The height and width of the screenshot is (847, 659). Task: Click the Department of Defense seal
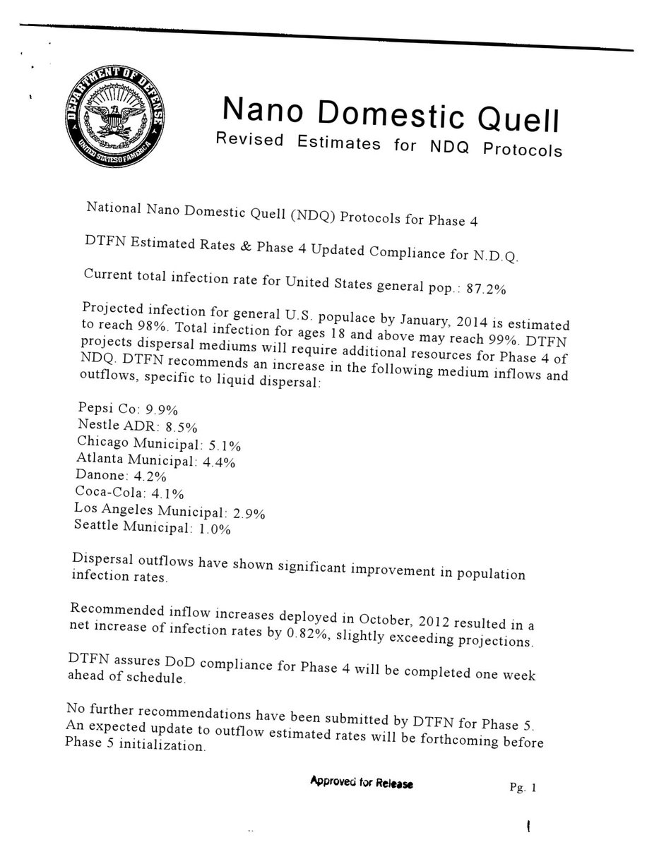[x=114, y=114]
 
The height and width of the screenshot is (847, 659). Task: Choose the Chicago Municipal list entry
[x=158, y=444]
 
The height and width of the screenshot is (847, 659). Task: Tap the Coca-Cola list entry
[x=127, y=492]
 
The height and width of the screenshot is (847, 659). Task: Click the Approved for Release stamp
[x=361, y=783]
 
